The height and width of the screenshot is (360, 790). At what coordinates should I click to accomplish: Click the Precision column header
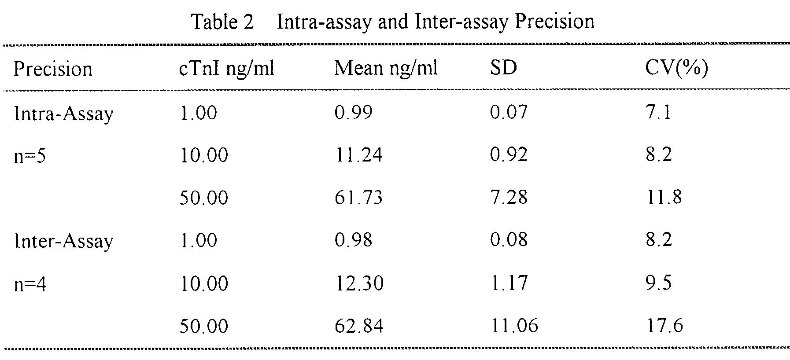[x=53, y=69]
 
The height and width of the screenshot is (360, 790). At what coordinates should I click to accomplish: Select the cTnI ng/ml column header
[x=227, y=70]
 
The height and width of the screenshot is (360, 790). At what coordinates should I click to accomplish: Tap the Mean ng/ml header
[x=386, y=69]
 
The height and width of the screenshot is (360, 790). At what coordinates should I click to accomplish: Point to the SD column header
[x=503, y=68]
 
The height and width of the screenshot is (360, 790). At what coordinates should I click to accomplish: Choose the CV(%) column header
[x=676, y=69]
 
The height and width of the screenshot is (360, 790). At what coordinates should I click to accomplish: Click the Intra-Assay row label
[x=63, y=114]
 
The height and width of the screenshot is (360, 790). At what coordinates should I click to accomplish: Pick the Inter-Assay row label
[x=63, y=241]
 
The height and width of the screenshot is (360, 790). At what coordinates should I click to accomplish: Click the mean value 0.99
[x=353, y=112]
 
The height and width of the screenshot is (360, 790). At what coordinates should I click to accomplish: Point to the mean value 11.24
[x=358, y=155]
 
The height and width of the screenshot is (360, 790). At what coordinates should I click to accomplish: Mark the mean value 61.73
[x=358, y=197]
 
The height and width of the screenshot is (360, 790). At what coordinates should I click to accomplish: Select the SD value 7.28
[x=509, y=197]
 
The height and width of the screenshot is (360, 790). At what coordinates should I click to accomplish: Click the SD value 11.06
[x=514, y=326]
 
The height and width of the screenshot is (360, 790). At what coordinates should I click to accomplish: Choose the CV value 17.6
[x=664, y=326]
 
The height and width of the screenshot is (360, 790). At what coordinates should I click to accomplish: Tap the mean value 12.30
[x=359, y=283]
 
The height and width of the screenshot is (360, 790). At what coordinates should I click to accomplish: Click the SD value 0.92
[x=509, y=155]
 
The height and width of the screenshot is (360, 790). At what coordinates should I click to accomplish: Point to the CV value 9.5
[x=659, y=283]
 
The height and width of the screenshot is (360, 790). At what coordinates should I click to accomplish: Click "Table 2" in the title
[x=223, y=22]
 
